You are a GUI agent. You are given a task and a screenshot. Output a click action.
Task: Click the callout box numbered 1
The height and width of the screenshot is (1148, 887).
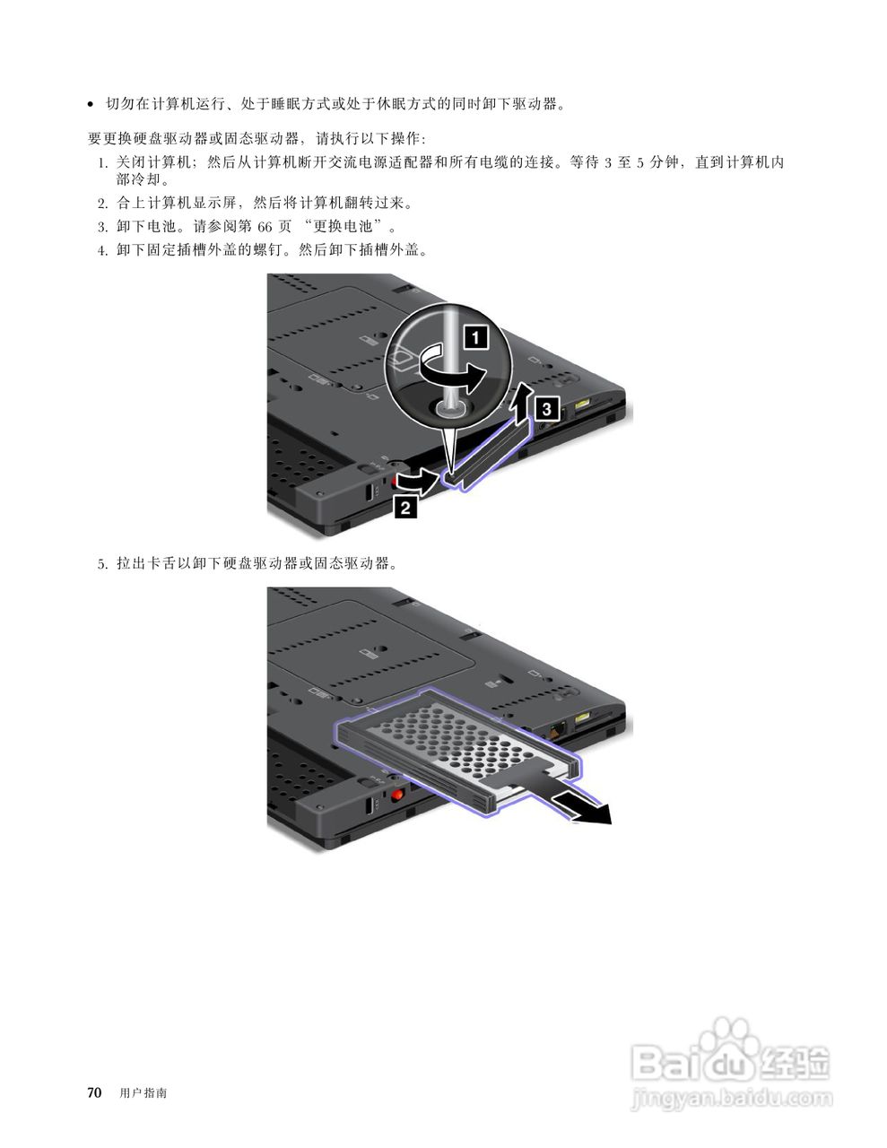pyautogui.click(x=474, y=337)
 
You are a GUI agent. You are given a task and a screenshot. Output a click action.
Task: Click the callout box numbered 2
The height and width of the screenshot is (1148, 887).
pyautogui.click(x=405, y=508)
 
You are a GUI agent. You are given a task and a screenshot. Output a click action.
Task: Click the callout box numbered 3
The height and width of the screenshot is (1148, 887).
pyautogui.click(x=549, y=409)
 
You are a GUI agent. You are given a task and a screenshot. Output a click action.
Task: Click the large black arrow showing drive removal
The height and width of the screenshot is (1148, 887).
pyautogui.click(x=582, y=807)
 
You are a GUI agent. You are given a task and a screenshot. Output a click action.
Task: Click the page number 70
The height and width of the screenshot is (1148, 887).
pyautogui.click(x=94, y=1092)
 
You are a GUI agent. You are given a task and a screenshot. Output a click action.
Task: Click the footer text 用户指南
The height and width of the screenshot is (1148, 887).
pyautogui.click(x=143, y=1093)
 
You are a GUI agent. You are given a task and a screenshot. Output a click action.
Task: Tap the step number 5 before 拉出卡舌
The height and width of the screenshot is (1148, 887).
pyautogui.click(x=102, y=564)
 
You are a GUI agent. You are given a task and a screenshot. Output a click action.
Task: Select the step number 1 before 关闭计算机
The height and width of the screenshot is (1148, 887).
pyautogui.click(x=102, y=162)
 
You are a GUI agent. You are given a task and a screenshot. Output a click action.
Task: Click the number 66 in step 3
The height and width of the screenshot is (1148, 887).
pyautogui.click(x=264, y=226)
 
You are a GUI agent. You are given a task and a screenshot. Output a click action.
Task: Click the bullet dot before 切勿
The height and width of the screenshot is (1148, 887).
pyautogui.click(x=91, y=105)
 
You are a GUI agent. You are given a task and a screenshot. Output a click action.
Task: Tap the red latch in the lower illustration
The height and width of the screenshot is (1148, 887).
pyautogui.click(x=396, y=795)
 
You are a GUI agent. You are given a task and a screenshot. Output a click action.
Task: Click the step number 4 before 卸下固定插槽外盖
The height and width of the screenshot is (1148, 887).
pyautogui.click(x=102, y=249)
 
